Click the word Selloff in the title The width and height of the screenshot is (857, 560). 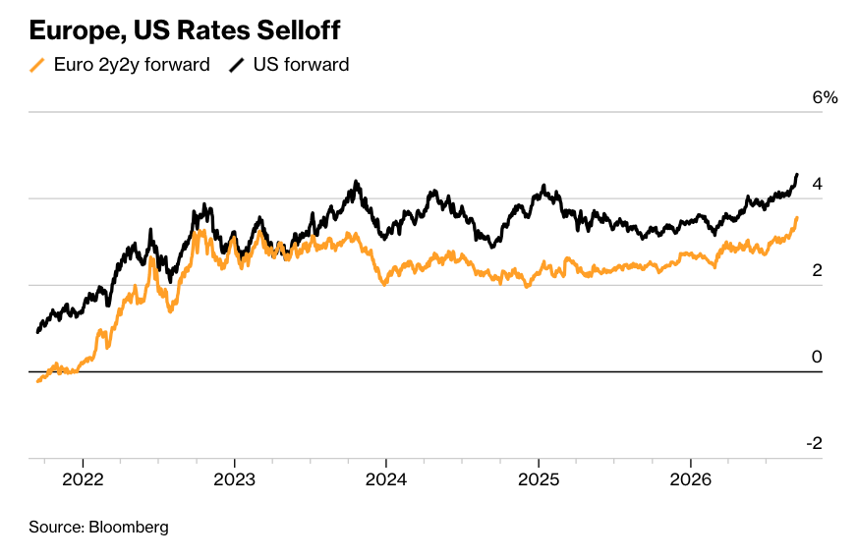pyautogui.click(x=299, y=30)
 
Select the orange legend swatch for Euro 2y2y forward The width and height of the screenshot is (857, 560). pyautogui.click(x=36, y=65)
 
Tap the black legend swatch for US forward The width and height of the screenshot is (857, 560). pyautogui.click(x=237, y=65)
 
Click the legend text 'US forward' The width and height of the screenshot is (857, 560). pyautogui.click(x=301, y=65)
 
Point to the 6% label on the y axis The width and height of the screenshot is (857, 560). pyautogui.click(x=825, y=97)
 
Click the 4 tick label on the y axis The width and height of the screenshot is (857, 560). pyautogui.click(x=817, y=184)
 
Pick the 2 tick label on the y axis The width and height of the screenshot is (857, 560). pyautogui.click(x=817, y=270)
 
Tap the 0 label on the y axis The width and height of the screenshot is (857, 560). pyautogui.click(x=817, y=357)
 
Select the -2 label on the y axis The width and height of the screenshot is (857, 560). pyautogui.click(x=815, y=443)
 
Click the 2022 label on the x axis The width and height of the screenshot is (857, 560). pyautogui.click(x=84, y=479)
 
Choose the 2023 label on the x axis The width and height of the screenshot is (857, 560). pyautogui.click(x=235, y=479)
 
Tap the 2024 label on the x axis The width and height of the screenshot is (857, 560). pyautogui.click(x=386, y=479)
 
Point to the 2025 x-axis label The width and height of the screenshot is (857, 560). pyautogui.click(x=539, y=479)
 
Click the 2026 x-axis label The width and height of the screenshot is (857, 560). pyautogui.click(x=691, y=479)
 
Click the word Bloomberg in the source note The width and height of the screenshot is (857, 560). pyautogui.click(x=129, y=528)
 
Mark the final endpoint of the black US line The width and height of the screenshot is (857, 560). pyautogui.click(x=797, y=175)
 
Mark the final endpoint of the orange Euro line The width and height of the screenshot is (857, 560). pyautogui.click(x=797, y=218)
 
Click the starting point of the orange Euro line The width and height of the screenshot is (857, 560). pyautogui.click(x=37, y=381)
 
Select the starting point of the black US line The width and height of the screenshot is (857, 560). pyautogui.click(x=37, y=332)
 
